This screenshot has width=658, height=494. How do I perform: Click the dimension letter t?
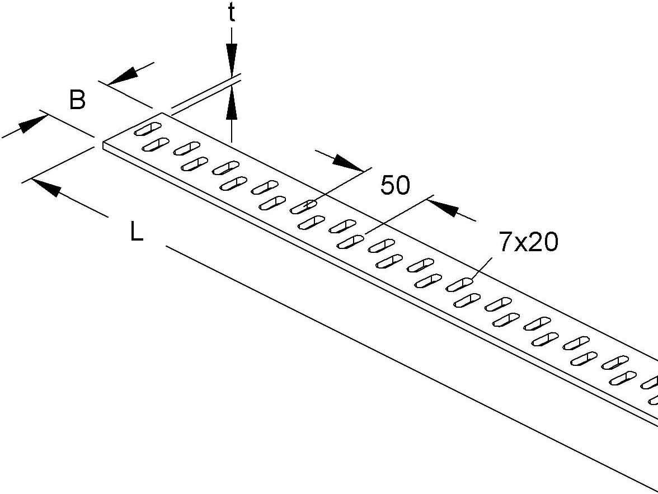[231, 14]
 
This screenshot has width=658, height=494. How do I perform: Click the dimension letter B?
[77, 101]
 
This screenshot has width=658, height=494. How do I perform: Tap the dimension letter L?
[137, 232]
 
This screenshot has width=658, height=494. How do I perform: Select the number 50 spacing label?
[395, 185]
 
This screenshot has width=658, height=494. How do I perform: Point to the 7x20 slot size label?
[528, 243]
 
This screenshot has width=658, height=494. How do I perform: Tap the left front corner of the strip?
[104, 143]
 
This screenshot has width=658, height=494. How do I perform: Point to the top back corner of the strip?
[163, 114]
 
